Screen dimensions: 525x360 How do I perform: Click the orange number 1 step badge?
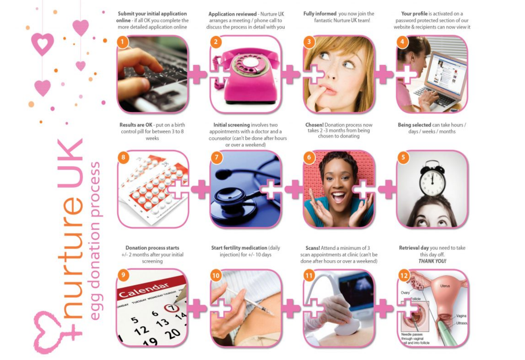click(x=122, y=42)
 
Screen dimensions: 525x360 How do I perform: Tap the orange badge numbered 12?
click(x=404, y=275)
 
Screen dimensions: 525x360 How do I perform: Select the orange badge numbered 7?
click(x=217, y=157)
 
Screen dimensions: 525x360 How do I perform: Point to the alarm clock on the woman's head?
click(x=432, y=179)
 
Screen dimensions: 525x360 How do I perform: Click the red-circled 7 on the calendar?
click(x=172, y=308)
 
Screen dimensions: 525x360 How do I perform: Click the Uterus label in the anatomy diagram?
click(x=445, y=286)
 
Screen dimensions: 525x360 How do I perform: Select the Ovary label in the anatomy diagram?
click(x=405, y=292)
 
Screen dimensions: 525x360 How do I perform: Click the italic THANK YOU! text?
click(x=432, y=261)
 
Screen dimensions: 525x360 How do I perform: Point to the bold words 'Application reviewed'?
click(x=232, y=14)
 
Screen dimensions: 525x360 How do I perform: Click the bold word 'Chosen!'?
click(x=314, y=125)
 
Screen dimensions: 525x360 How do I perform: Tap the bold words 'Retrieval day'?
click(x=414, y=248)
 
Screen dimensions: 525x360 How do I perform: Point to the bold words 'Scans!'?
click(x=313, y=248)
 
